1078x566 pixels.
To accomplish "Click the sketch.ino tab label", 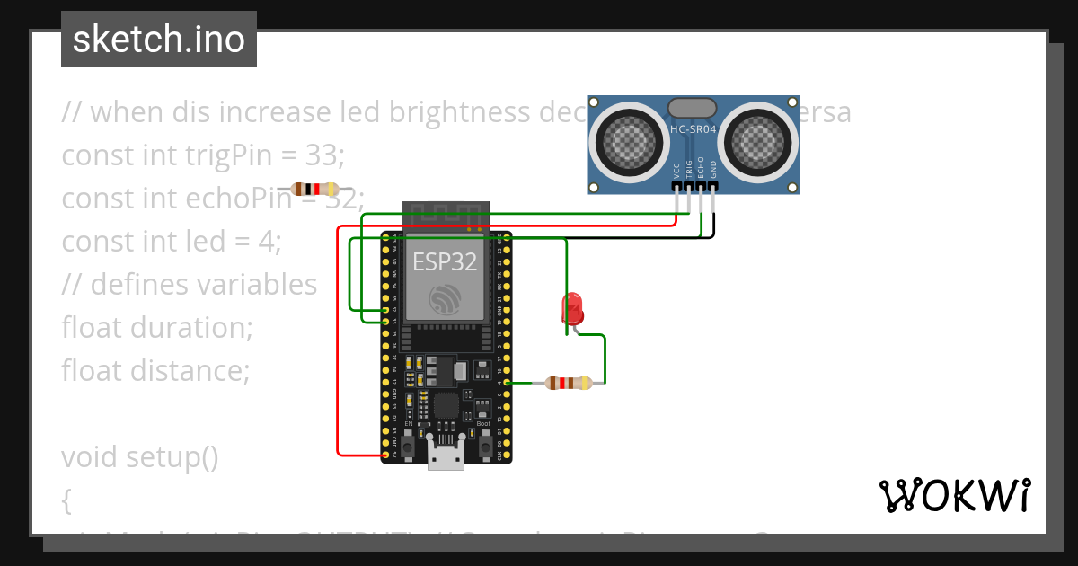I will click(159, 40).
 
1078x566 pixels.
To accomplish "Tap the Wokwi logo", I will click(954, 495).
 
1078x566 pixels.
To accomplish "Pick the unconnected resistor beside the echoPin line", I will click(315, 190).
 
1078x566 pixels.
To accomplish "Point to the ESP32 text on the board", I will click(444, 261).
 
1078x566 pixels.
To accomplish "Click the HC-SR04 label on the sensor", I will click(693, 129).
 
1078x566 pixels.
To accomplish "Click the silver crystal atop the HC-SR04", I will click(693, 107).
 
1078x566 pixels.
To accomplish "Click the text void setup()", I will click(140, 457).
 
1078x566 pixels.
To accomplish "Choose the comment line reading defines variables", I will click(190, 284).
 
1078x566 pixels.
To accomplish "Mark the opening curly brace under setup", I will click(66, 500).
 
